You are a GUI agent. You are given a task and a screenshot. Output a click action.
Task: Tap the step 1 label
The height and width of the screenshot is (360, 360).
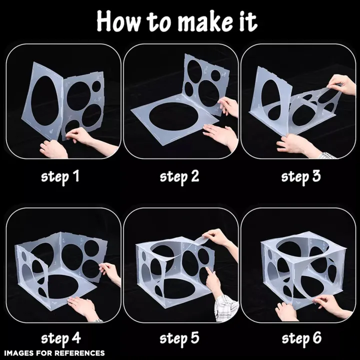click(60, 177)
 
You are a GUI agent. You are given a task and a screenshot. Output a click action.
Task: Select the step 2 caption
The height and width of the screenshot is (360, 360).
click(179, 177)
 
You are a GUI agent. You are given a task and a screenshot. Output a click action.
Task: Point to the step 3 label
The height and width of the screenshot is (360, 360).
click(301, 177)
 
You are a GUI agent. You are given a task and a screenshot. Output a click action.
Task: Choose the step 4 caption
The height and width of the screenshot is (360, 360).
click(61, 338)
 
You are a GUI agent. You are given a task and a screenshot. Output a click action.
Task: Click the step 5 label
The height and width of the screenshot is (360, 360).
click(179, 338)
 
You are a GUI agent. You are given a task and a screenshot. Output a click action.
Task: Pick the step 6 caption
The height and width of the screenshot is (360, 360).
click(301, 338)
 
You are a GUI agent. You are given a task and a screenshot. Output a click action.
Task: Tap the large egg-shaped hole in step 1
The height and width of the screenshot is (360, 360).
click(45, 100)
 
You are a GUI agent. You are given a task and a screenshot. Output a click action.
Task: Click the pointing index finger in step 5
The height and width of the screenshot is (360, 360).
click(209, 273)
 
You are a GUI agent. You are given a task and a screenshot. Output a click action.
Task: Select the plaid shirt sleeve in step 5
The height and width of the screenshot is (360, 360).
click(226, 307)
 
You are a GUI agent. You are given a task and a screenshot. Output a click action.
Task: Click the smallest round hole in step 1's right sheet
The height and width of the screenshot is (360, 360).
click(96, 86)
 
